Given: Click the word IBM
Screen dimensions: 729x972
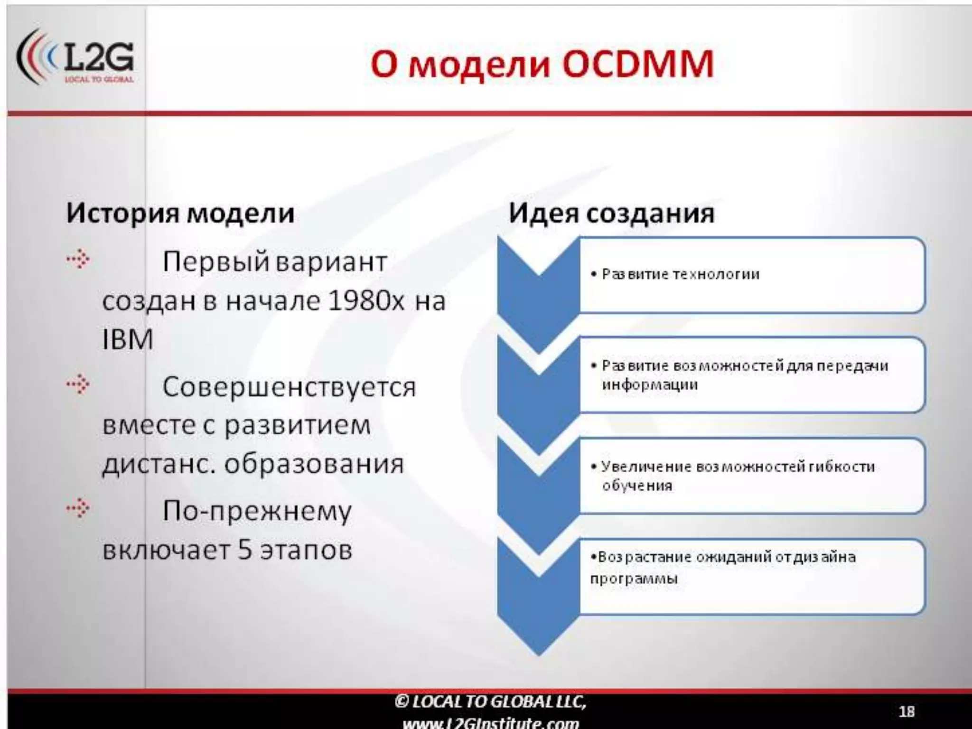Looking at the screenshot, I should pyautogui.click(x=128, y=339).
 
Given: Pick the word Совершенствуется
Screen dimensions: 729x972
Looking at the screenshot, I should pyautogui.click(x=289, y=387).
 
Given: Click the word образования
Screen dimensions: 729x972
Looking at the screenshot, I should pyautogui.click(x=314, y=464).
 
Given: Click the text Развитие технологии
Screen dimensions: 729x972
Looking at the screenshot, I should pyautogui.click(x=680, y=274).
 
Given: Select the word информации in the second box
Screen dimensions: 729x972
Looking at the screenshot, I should pyautogui.click(x=650, y=384).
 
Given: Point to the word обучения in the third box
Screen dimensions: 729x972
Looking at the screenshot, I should pyautogui.click(x=637, y=486).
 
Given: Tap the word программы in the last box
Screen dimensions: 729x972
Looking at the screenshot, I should pyautogui.click(x=634, y=579).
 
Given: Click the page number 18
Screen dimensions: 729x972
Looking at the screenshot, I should pyautogui.click(x=907, y=711).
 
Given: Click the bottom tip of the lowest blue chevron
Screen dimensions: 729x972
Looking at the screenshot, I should pyautogui.click(x=539, y=654).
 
